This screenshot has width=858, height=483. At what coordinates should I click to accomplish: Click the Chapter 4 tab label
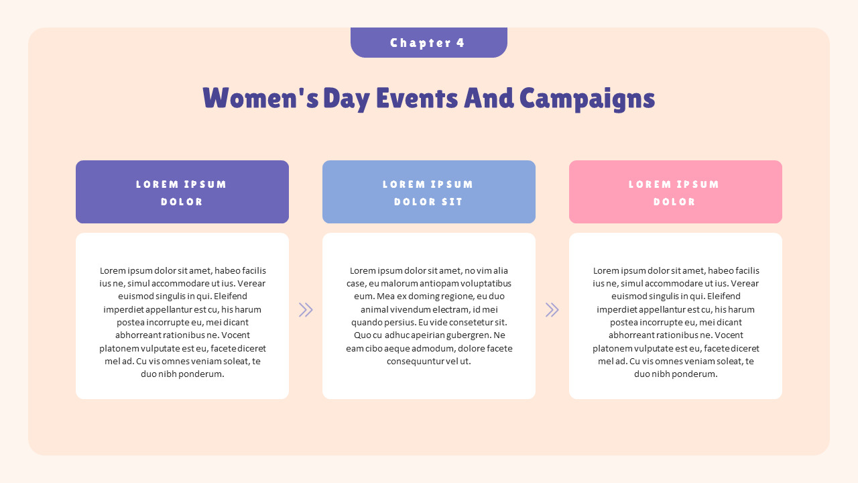(428, 43)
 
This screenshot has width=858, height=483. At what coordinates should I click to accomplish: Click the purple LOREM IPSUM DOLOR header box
(182, 192)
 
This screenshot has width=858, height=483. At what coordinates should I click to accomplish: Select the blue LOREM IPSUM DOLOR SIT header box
(428, 192)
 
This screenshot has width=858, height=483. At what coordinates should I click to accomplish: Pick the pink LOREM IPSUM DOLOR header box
(675, 192)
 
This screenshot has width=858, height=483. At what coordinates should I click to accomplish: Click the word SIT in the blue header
(450, 202)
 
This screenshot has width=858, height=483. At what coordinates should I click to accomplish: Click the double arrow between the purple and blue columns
(306, 309)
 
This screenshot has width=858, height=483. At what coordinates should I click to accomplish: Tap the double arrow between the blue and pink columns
(552, 309)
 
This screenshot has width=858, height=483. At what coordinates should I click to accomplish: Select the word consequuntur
(414, 361)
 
